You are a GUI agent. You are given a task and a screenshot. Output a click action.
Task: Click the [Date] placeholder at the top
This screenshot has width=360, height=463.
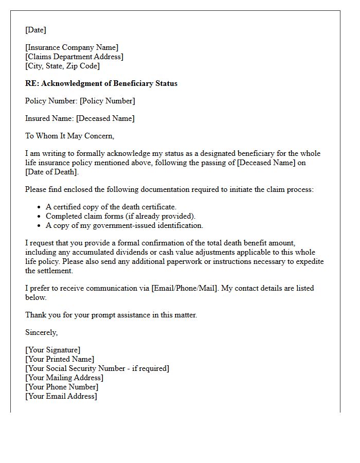(35, 30)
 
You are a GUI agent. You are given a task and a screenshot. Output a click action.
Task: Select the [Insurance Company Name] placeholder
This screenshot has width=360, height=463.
(71, 48)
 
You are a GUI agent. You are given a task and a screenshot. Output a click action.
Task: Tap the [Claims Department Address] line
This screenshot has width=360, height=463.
(74, 57)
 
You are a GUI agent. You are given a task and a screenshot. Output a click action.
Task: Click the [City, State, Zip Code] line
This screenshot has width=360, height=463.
(62, 66)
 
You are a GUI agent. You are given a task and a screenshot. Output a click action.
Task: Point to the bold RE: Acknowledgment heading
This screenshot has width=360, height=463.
(101, 83)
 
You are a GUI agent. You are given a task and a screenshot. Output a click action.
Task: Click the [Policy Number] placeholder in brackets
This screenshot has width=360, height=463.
(107, 101)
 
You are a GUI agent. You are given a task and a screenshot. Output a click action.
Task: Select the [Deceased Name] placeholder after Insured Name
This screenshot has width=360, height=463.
(105, 118)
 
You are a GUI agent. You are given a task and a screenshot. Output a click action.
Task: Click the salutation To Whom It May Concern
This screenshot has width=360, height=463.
(69, 136)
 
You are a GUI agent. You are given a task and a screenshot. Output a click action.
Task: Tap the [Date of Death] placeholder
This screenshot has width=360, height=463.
(51, 172)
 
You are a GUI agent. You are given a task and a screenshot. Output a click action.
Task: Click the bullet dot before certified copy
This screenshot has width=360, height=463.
(39, 207)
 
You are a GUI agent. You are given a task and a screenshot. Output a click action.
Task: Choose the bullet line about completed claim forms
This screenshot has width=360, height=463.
(121, 216)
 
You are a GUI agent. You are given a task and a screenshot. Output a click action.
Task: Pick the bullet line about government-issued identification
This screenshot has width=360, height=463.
(124, 225)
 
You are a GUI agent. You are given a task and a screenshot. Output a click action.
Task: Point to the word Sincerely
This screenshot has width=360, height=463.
(42, 332)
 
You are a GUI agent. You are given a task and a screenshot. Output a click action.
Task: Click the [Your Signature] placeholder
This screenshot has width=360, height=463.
(52, 350)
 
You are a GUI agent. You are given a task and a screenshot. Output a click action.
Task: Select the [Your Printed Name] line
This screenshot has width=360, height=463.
(60, 359)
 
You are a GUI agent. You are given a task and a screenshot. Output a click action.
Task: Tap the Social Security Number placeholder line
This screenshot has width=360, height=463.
(97, 368)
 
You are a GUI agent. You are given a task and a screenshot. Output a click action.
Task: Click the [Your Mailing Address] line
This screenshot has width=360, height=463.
(64, 378)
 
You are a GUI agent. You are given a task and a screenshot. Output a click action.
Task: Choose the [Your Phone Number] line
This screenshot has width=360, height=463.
(62, 387)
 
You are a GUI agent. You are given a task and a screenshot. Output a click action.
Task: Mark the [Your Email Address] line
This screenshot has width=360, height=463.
(61, 396)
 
